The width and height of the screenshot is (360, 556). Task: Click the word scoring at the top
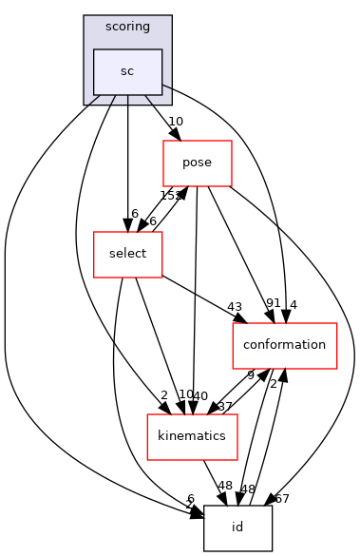click(127, 27)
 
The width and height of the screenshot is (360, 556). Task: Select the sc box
click(127, 71)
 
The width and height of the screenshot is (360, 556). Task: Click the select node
click(127, 254)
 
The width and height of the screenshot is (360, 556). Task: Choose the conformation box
click(285, 345)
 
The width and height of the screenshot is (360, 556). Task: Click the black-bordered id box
click(237, 527)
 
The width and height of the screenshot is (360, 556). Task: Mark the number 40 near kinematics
click(200, 394)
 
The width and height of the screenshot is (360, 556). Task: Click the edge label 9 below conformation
click(250, 375)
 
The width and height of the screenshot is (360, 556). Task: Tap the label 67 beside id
click(281, 498)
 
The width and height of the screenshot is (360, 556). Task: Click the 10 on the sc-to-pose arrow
click(175, 122)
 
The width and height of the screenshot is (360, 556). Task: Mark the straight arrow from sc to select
click(127, 162)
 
